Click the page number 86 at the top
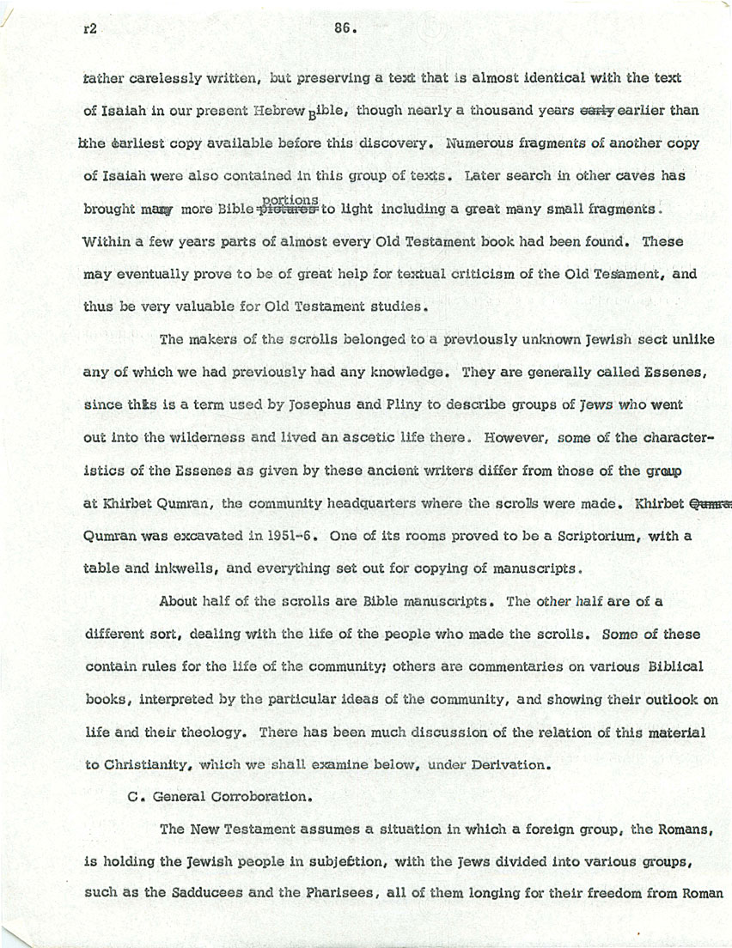coord(345,27)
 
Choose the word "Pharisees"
coord(332,892)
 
